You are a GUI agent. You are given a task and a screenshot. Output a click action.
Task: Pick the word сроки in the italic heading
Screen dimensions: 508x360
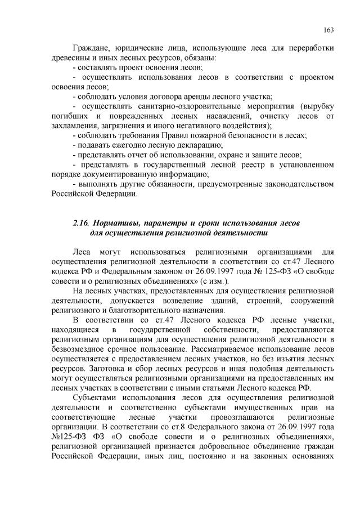(x=205, y=223)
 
